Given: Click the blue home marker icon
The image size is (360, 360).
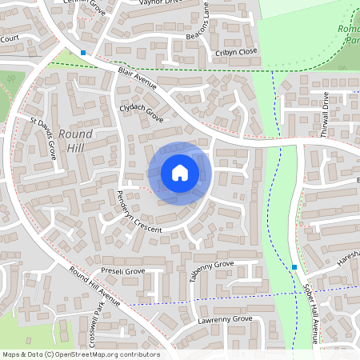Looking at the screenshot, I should click(x=180, y=171).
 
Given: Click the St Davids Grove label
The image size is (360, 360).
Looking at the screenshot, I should click(x=43, y=137).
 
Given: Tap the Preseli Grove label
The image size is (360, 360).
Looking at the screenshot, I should click(x=122, y=272).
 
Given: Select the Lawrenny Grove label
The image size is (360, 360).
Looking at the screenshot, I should click(x=225, y=320).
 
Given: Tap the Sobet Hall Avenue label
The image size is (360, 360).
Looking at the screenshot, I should click(x=312, y=316).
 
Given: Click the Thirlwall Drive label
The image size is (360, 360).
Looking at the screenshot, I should click(x=326, y=118).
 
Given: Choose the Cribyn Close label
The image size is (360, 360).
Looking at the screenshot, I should click(x=236, y=51).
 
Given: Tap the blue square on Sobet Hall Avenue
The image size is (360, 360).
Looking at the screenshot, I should click(x=294, y=267).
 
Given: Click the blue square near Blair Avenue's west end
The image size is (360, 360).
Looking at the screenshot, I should click(x=82, y=54).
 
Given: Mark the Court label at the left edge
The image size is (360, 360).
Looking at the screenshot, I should click(x=10, y=38).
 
